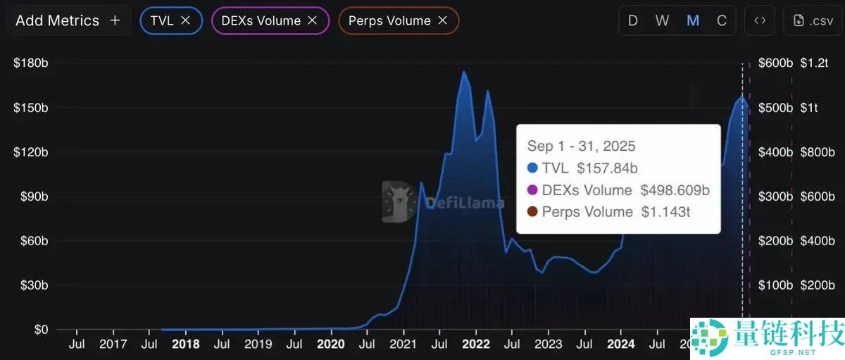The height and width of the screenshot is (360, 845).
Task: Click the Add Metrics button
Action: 68,20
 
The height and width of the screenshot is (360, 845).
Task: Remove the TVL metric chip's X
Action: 186,20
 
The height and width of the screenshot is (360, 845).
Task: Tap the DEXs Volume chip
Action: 261,20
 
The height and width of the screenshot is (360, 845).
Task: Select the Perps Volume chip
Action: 389,20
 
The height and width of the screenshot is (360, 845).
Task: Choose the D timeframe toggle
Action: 632,20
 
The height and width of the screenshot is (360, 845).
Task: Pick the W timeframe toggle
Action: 662,20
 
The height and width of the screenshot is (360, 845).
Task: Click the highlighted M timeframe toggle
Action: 693,20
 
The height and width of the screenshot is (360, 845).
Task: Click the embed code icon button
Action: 760,20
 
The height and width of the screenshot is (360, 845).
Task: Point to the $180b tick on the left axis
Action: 31,63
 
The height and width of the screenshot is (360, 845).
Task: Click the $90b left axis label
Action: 31,197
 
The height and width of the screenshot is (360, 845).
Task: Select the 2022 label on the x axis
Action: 476,345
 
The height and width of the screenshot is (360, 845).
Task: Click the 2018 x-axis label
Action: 185,345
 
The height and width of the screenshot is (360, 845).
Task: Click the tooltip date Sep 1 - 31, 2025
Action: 581,146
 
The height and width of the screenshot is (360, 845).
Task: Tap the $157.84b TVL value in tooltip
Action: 607,168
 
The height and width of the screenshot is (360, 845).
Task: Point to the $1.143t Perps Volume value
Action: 665,211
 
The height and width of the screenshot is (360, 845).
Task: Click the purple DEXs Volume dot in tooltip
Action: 532,190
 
